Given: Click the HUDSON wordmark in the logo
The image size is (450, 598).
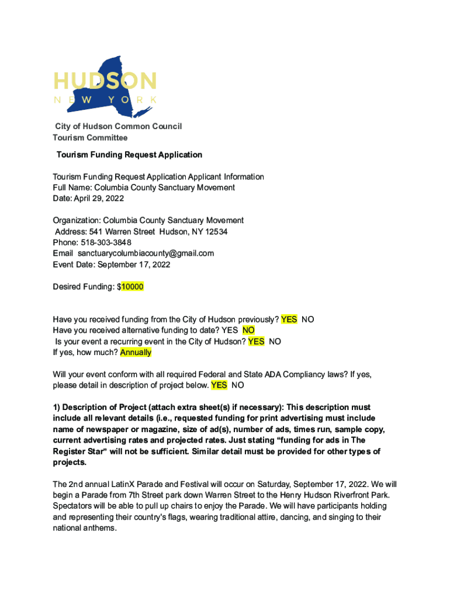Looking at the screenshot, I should [105, 81].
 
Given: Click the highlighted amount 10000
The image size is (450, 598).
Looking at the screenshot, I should [132, 287].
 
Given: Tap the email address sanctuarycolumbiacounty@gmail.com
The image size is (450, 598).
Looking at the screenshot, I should [146, 253].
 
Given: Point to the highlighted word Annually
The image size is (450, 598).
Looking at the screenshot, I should [136, 352].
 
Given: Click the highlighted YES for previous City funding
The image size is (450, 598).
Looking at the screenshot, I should [289, 319].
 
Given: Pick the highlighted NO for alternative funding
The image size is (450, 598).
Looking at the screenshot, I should [248, 331].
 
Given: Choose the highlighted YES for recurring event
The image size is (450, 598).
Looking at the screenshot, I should [256, 342].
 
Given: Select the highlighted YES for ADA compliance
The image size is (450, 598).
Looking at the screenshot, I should [219, 385].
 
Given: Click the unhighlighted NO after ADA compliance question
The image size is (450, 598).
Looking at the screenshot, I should [238, 385].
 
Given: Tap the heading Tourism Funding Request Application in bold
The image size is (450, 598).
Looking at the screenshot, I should [129, 155].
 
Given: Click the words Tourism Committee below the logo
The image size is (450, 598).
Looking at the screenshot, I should [90, 138].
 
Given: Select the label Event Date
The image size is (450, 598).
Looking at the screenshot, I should [73, 265].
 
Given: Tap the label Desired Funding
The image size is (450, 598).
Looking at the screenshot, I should [82, 287].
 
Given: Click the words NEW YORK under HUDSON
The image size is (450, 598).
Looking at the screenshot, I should [105, 100].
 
